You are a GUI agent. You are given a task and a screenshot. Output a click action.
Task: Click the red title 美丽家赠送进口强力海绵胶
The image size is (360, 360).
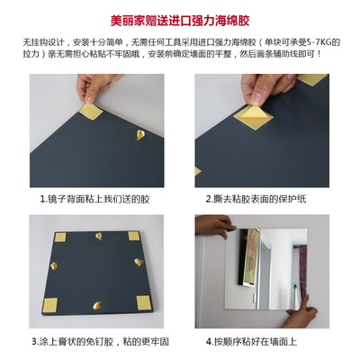click(x=180, y=21)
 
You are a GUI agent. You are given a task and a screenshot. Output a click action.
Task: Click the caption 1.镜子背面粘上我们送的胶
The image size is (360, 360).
click(x=94, y=199)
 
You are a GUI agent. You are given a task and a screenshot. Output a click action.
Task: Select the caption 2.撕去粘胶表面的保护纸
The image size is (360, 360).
click(x=256, y=199)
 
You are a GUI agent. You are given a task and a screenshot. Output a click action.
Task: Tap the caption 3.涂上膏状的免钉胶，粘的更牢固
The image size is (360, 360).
click(x=100, y=341)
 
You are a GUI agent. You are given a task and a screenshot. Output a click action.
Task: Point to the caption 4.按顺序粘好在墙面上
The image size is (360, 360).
click(x=251, y=341)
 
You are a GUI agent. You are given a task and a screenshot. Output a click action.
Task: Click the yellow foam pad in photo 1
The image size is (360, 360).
click(x=91, y=112)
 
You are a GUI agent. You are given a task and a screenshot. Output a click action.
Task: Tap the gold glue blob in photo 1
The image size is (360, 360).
click(x=139, y=135)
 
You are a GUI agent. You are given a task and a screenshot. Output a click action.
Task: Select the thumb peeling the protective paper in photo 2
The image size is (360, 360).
click(x=257, y=96)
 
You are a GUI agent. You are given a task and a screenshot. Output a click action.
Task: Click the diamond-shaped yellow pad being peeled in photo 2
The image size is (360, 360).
click(x=253, y=117)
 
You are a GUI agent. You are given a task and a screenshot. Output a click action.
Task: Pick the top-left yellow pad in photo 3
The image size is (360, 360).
click(x=60, y=237)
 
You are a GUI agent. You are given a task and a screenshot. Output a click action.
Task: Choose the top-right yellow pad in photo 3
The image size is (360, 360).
click(x=134, y=236)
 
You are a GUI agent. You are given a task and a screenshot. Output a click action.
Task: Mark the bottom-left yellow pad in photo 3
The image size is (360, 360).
click(x=49, y=305)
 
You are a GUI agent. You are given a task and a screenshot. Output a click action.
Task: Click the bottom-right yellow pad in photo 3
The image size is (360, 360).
click(x=143, y=302)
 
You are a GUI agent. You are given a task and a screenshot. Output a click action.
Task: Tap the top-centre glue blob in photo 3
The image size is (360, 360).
click(x=99, y=236)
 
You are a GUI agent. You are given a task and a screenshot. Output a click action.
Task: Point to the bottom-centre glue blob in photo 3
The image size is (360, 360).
click(x=97, y=306)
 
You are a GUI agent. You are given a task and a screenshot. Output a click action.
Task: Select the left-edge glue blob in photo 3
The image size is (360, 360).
click(x=54, y=265)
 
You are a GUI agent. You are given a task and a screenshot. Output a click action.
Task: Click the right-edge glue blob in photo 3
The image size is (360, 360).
click(x=139, y=262)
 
